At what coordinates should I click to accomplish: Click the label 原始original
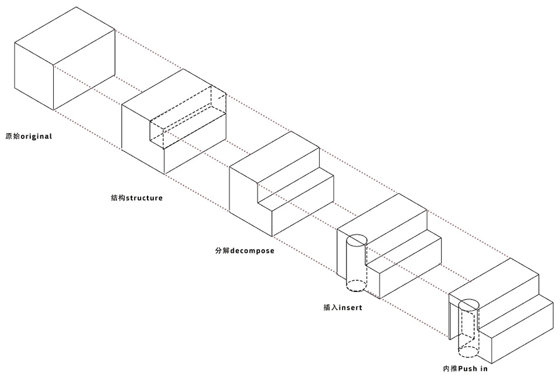(x=29, y=136)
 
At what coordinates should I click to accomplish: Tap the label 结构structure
(x=136, y=198)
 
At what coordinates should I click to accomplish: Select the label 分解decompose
(x=244, y=250)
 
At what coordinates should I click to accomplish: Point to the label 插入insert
(x=342, y=307)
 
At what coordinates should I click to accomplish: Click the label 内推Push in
(x=465, y=368)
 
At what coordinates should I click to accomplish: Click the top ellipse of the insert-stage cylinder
(x=356, y=239)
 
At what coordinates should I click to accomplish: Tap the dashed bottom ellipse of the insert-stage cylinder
(x=356, y=286)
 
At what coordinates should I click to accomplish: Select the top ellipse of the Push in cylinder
(x=468, y=305)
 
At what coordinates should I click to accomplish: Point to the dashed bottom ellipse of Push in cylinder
(x=468, y=351)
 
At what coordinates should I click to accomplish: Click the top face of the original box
(x=65, y=36)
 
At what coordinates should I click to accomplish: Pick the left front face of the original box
(x=34, y=76)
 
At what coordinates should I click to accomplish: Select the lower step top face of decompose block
(x=295, y=191)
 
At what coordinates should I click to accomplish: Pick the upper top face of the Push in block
(x=494, y=283)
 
